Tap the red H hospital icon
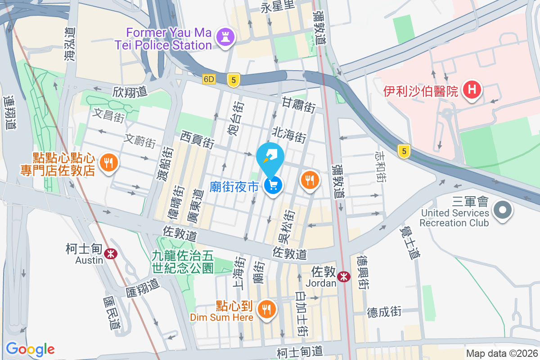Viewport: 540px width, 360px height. click(471, 89)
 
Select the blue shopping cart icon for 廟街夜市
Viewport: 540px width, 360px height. click(273, 185)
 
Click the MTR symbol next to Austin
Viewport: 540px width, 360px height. click(110, 254)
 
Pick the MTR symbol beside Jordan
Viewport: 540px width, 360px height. click(344, 277)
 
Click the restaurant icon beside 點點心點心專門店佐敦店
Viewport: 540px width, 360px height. click(108, 162)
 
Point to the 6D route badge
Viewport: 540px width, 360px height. click(209, 79)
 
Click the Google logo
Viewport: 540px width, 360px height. click(30, 349)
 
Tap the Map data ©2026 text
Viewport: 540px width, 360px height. click(501, 354)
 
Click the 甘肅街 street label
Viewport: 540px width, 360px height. click(298, 105)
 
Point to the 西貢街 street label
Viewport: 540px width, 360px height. click(197, 139)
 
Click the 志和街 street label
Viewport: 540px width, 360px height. click(380, 166)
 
